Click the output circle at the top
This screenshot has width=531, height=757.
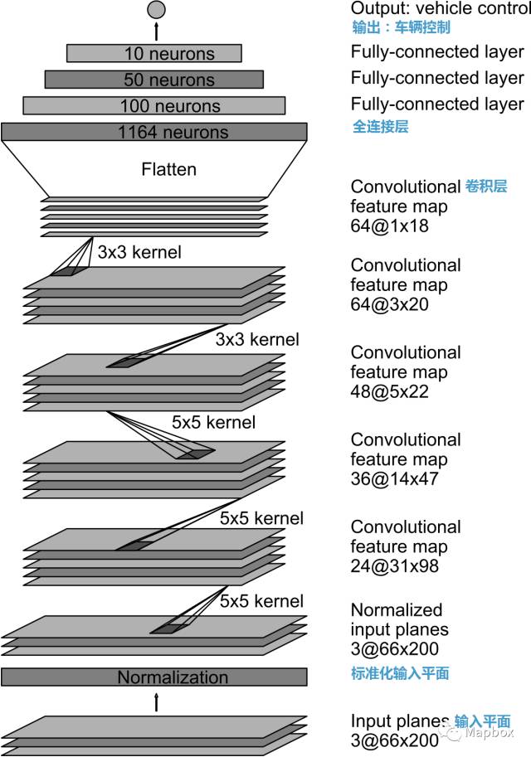click(x=156, y=10)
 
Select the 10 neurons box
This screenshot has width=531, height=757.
click(x=154, y=54)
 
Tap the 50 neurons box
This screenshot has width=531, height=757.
click(x=154, y=80)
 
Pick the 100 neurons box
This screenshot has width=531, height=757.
click(x=154, y=106)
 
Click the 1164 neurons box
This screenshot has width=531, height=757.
click(x=154, y=132)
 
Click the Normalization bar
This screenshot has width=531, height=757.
click(x=154, y=677)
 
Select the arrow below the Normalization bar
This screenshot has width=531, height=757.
click(x=156, y=701)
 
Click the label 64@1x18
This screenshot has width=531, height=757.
click(x=389, y=226)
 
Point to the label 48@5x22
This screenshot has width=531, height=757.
click(x=391, y=391)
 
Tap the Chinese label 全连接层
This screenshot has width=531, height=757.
click(x=380, y=127)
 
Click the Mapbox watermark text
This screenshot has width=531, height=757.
click(x=489, y=732)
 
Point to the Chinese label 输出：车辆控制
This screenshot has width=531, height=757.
click(x=401, y=27)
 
